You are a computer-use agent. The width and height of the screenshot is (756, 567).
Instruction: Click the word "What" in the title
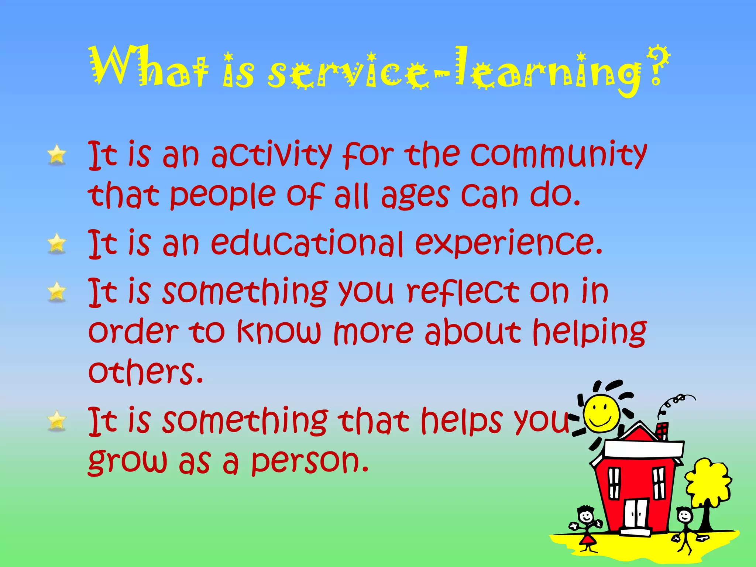click(150, 66)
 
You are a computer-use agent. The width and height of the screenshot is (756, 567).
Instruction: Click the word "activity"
click(271, 155)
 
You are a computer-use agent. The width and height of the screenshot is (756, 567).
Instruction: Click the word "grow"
click(127, 461)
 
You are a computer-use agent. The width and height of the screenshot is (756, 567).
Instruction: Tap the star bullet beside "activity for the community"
click(57, 155)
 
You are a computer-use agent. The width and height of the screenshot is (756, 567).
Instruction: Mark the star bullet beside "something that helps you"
click(57, 421)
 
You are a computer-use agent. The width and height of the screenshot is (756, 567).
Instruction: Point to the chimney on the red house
click(662, 431)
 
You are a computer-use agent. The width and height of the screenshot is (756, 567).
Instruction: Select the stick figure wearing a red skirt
click(587, 528)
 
